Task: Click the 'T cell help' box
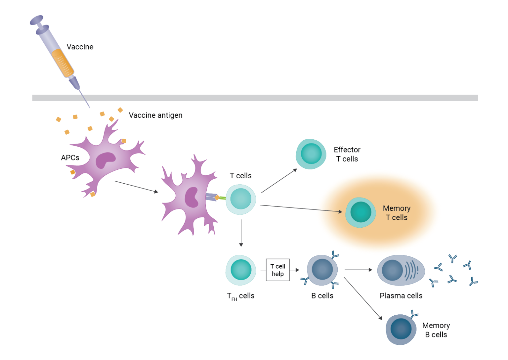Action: click(277, 270)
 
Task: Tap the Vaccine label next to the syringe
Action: click(80, 47)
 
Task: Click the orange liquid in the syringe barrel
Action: click(63, 63)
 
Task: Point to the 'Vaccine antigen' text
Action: click(155, 115)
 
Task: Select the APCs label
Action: click(70, 158)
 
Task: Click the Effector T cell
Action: click(311, 154)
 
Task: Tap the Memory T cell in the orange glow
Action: click(360, 212)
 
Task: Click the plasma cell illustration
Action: click(401, 270)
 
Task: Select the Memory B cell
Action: click(401, 330)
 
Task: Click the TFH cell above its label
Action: click(241, 270)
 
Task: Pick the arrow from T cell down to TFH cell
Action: click(241, 233)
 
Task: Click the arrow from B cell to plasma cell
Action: click(358, 270)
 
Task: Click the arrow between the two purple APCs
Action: click(136, 187)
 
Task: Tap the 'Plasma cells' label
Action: click(401, 296)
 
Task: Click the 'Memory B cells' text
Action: click(436, 330)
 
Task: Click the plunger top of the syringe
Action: click(36, 20)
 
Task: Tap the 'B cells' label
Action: click(322, 296)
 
